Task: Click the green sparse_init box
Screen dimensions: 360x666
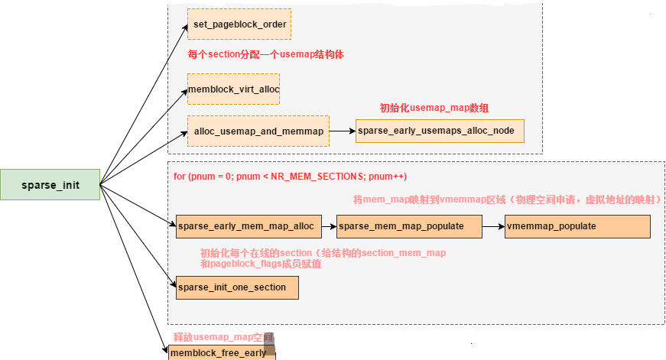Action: tap(50, 185)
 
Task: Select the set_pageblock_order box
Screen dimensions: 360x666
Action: tap(239, 24)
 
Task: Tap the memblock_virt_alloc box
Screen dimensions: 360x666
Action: tap(233, 89)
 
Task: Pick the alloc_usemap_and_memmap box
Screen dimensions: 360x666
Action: tap(258, 131)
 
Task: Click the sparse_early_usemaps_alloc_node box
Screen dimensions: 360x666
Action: tap(440, 131)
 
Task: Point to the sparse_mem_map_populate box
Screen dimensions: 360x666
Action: tap(409, 226)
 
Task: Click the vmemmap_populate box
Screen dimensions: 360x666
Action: tap(577, 226)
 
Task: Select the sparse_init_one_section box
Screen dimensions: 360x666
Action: tap(236, 287)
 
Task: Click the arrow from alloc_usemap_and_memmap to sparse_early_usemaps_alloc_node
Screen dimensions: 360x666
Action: tap(342, 131)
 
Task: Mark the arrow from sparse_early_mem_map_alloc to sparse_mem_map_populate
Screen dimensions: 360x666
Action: tap(325, 226)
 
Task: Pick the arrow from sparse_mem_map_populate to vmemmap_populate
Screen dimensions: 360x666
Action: tap(493, 226)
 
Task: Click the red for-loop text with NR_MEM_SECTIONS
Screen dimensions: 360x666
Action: tap(290, 177)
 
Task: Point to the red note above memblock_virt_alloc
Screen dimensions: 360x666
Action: tap(271, 55)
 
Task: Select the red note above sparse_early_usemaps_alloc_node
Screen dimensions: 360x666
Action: tap(434, 109)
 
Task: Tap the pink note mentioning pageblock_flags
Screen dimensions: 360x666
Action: tap(321, 258)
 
